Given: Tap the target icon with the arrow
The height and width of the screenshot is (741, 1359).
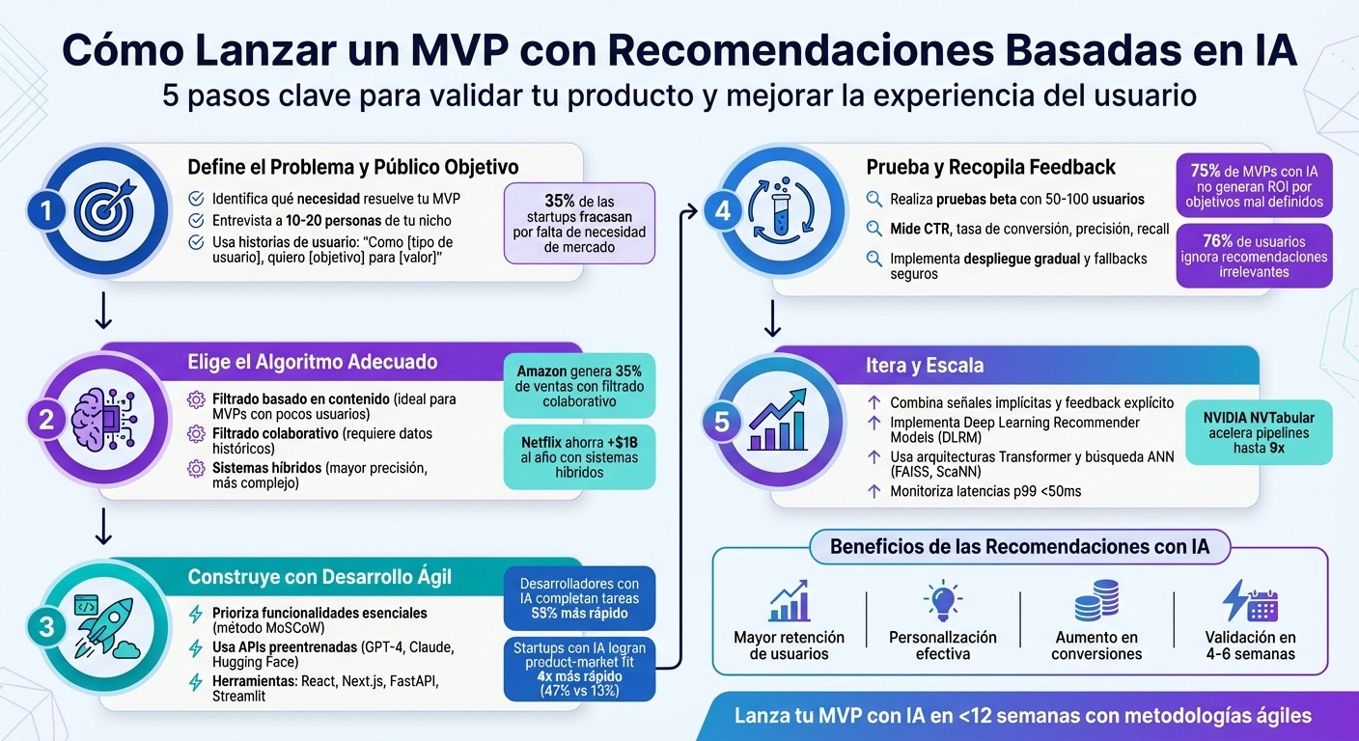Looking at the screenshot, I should [105, 212].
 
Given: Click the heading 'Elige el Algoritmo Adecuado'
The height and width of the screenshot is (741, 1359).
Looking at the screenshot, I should [312, 363].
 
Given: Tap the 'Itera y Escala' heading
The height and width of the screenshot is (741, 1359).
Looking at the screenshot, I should [925, 366].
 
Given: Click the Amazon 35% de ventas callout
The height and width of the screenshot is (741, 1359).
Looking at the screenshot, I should [579, 386].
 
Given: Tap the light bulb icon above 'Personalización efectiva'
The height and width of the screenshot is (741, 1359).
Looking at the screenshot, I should [942, 602].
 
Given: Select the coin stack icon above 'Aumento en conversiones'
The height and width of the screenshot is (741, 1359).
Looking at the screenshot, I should [1096, 602].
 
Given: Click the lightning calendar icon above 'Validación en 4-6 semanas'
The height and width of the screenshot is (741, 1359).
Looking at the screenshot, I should [1250, 602].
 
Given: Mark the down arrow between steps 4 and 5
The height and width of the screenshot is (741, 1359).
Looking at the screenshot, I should [773, 317].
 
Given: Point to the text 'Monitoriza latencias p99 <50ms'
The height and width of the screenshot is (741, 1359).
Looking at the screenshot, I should [985, 491].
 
